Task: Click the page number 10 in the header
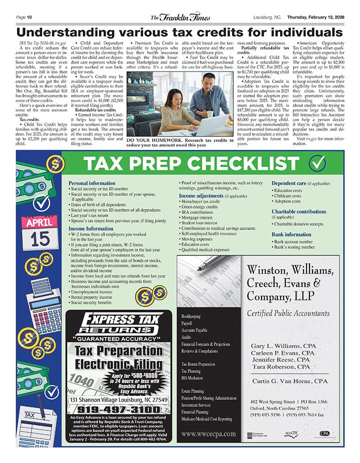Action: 29,17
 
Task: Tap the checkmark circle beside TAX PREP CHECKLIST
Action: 317,163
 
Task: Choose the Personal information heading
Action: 91,183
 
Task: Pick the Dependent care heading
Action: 289,183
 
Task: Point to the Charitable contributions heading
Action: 298,211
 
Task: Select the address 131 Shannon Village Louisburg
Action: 118,400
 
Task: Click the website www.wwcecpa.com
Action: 208,433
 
